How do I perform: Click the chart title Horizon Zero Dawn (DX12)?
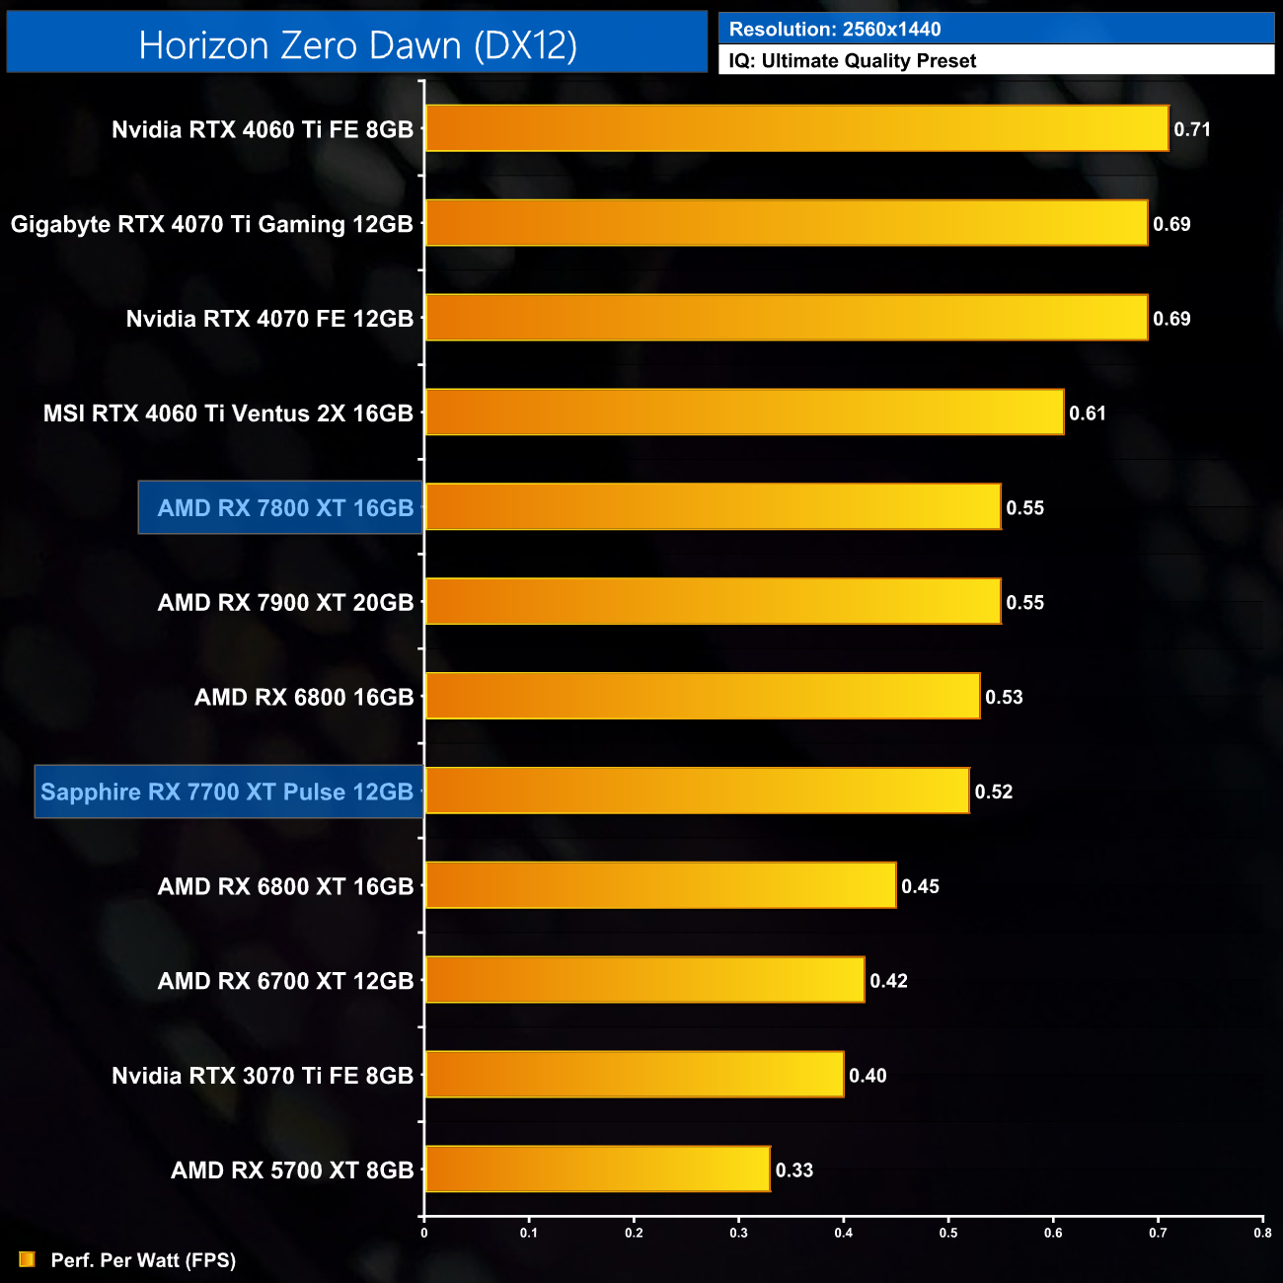coord(357,44)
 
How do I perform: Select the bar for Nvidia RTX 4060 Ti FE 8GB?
coord(796,128)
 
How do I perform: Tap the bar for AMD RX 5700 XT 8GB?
coord(597,1170)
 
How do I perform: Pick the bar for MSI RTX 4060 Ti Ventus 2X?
coord(744,413)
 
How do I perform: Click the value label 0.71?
coord(1192,129)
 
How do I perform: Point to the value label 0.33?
coord(794,1170)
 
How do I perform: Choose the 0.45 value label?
coord(920,886)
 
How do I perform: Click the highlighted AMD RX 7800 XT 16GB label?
coord(285,508)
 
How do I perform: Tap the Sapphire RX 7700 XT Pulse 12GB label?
coord(227,792)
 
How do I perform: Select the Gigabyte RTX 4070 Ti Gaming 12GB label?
coord(212,224)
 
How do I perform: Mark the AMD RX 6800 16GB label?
coord(304,698)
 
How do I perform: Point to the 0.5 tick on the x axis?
coord(948,1233)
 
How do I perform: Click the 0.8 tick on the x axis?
coord(1262,1233)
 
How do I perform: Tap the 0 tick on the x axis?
coord(424,1233)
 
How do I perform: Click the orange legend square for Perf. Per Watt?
coord(28,1259)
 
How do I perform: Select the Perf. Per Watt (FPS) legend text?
coord(143,1260)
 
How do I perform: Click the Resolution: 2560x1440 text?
coord(835,30)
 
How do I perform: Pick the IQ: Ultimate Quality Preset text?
coord(853,61)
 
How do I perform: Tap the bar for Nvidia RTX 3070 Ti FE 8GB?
coord(635,1075)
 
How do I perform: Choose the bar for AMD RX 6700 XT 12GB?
coord(644,980)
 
